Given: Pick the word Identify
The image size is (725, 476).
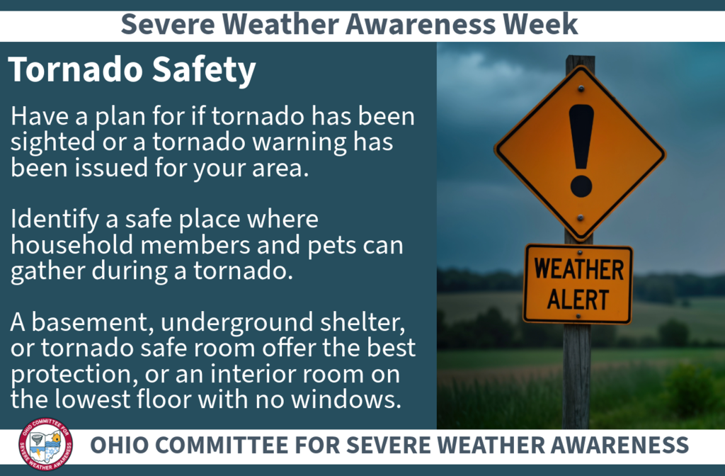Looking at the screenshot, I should (x=52, y=220).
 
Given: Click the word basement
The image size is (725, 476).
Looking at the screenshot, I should (x=89, y=323).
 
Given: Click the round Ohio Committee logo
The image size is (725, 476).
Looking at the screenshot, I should (x=45, y=446).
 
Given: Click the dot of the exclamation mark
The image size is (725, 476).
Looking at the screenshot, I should (x=581, y=186).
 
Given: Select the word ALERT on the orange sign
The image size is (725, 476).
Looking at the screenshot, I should (x=578, y=299).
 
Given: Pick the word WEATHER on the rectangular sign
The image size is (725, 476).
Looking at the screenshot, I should (x=578, y=270).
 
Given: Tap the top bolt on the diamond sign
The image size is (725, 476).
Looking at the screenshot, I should (x=581, y=88).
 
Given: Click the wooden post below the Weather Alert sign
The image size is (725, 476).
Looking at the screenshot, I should (x=577, y=375).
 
